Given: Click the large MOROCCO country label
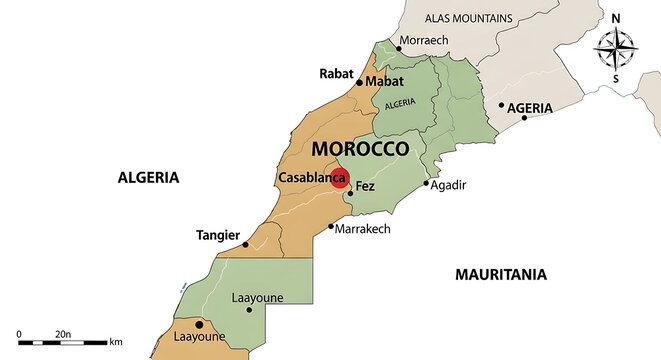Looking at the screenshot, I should coord(360,149).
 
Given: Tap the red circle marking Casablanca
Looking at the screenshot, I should coord(339,178).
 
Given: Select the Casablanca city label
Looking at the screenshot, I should coord(304,178).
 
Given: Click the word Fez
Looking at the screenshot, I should coord(365,186).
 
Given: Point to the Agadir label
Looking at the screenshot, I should coord(449,185).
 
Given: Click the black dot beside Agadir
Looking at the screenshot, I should coord(426,183).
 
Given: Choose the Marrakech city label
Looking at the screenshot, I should coord(364,228).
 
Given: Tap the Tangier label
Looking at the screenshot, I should coord(218,236).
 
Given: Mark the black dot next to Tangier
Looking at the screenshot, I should coord(245,244).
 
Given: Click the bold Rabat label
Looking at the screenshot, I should coord(336,73).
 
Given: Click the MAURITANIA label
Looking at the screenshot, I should coord(500,273).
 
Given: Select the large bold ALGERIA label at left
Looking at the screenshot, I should coord(148,177).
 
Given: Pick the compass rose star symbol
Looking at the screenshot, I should coord(616,46).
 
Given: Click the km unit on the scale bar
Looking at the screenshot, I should coord(116,342).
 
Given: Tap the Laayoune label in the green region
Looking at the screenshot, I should coord(256,297).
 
